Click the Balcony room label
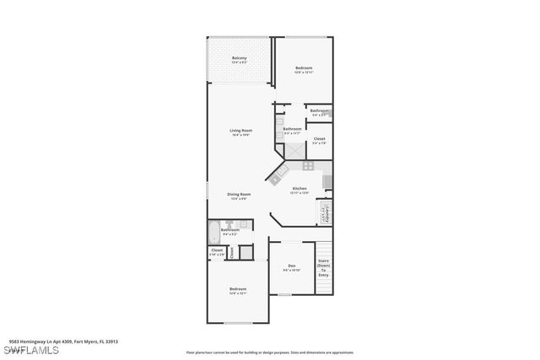240,60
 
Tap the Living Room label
241,132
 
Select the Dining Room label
239,196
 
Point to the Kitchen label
300,190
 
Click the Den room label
291,267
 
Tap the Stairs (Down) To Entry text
323,268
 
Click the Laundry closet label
324,213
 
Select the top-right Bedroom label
304,69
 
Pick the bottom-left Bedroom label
238,291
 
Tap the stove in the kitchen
328,180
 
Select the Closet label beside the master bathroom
319,140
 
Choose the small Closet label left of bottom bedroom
217,251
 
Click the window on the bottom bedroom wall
238,322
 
